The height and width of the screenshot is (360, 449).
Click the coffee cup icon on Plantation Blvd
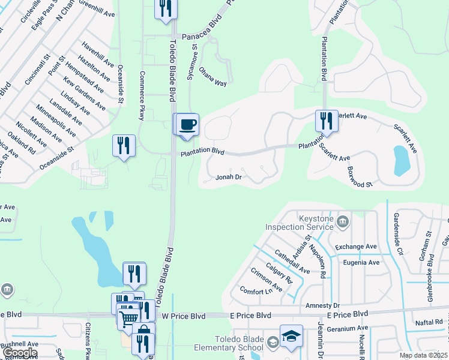point(188,124)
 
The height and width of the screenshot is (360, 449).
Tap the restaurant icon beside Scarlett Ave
point(327,121)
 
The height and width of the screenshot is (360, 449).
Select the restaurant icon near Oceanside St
point(123,146)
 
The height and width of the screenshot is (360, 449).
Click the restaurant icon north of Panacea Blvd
point(166,8)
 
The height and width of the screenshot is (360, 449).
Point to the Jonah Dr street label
point(229,177)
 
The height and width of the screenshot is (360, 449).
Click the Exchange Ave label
point(355,247)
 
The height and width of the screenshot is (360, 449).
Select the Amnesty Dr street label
point(322,305)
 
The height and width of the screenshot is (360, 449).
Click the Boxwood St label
point(360,176)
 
